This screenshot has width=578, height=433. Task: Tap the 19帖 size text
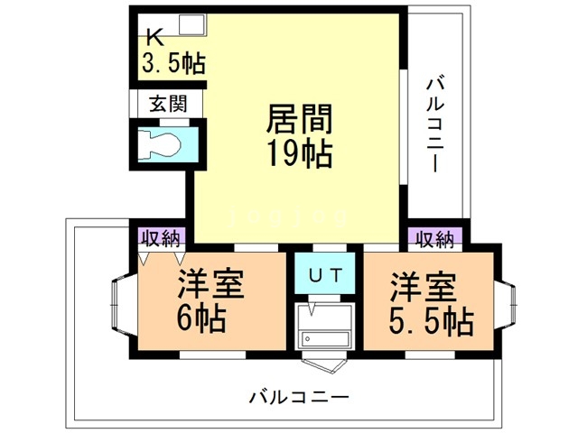299,153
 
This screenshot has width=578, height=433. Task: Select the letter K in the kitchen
154,38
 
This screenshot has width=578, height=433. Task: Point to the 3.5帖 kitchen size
172,62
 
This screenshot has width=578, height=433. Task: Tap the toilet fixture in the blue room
163,143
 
